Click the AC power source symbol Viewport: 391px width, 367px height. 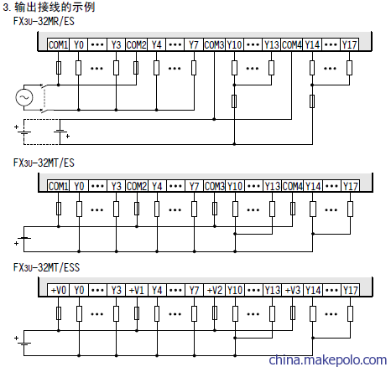[x=24, y=97]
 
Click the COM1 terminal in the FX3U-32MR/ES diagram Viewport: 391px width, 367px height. [x=58, y=44]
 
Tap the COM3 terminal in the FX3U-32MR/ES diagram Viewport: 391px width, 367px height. [x=214, y=44]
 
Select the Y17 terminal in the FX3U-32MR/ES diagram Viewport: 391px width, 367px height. [x=350, y=44]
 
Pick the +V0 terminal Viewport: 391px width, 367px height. [x=59, y=290]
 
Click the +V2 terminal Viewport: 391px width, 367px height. [x=215, y=290]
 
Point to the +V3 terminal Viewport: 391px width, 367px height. [x=293, y=290]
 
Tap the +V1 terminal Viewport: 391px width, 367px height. [x=137, y=290]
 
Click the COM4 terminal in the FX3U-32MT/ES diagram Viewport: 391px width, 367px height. [x=293, y=186]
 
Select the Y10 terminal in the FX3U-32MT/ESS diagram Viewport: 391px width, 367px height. [x=235, y=290]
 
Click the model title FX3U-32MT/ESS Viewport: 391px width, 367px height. [x=46, y=267]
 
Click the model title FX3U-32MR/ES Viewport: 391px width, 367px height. [x=44, y=21]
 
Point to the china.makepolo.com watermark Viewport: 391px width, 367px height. [x=327, y=359]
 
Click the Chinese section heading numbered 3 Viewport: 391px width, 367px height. [x=49, y=7]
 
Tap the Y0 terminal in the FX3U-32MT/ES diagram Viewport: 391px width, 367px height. [x=79, y=186]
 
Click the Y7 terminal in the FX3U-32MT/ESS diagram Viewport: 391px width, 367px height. [x=194, y=290]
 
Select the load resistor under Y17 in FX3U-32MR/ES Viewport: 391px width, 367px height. [x=349, y=68]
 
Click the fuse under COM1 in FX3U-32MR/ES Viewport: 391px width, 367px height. [x=59, y=68]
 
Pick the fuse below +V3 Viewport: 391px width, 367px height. [x=293, y=313]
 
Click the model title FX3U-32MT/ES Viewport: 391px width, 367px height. [x=44, y=163]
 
